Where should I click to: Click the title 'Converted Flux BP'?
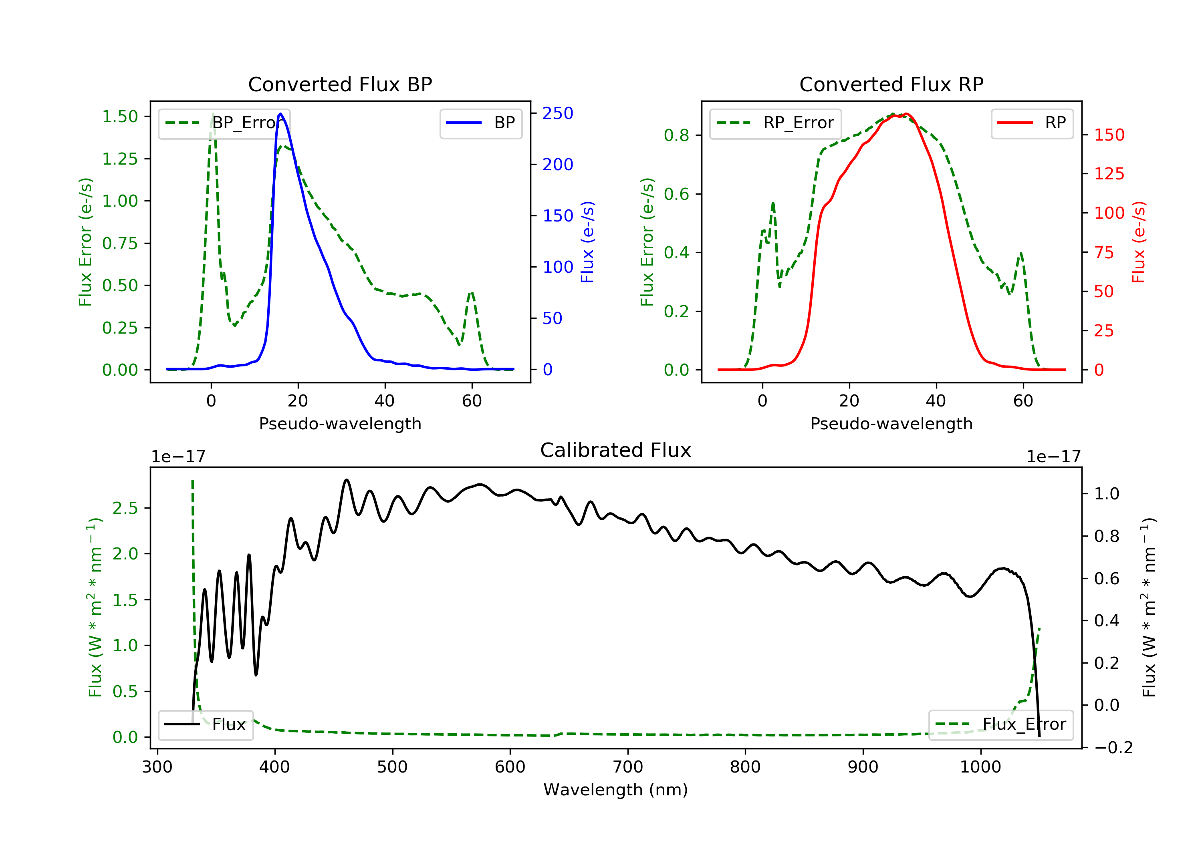click(340, 84)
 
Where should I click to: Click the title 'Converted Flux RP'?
click(891, 84)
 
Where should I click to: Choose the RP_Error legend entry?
click(775, 123)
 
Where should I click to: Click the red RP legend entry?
click(1032, 123)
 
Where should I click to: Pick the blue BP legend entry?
click(480, 123)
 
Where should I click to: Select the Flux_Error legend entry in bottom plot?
click(1000, 724)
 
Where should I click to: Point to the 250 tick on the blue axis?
click(558, 114)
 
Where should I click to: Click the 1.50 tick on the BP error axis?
click(120, 116)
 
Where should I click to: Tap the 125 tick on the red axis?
click(1109, 174)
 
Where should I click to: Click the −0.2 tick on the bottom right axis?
click(1113, 747)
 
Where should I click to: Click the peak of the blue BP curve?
click(280, 114)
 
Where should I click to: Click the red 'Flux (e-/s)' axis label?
click(1139, 242)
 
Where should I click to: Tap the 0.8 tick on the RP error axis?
click(676, 135)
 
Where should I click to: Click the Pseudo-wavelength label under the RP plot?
click(891, 423)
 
